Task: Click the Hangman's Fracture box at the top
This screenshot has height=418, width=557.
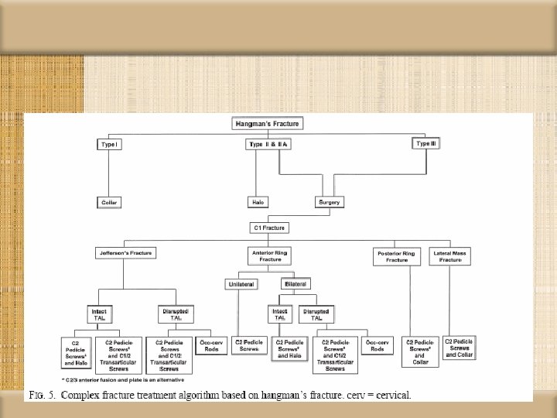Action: point(267,123)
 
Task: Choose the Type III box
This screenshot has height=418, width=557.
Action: point(426,144)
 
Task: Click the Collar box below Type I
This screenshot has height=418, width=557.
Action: point(110,202)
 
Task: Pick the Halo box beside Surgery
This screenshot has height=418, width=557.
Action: point(258,202)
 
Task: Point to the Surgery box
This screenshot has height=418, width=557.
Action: point(330,202)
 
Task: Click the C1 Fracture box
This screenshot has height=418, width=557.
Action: point(268,228)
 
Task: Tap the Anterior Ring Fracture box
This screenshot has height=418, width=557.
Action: point(269,255)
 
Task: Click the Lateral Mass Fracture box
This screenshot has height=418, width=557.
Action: point(450,255)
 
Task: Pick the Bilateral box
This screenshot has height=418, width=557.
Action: point(299,284)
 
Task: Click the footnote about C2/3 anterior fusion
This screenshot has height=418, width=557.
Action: point(109,379)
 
